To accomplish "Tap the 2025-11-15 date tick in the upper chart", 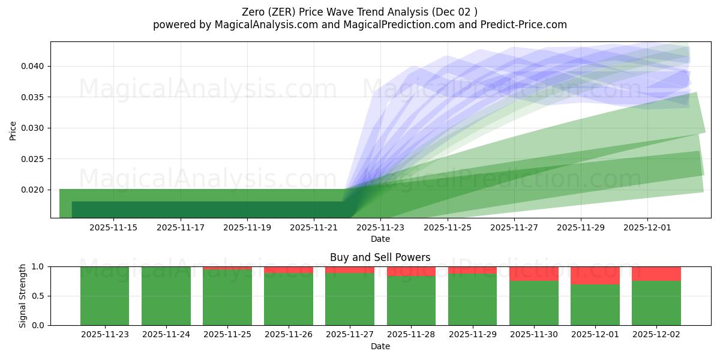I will [x=113, y=227].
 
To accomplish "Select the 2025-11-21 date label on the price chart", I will [x=314, y=227].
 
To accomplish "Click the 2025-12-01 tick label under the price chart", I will [x=647, y=227].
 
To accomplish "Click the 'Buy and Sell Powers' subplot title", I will [x=380, y=257].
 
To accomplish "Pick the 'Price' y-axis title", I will [x=13, y=130].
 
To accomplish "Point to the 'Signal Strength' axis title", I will [x=23, y=296].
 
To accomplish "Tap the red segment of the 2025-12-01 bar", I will [x=595, y=275].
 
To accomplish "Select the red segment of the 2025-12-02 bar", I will [x=656, y=274].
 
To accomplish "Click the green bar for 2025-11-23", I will [x=104, y=296].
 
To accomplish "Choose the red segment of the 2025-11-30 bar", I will [x=533, y=274].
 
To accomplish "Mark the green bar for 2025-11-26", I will [x=288, y=299].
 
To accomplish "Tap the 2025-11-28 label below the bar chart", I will [x=411, y=334].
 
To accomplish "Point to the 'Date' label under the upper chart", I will [x=380, y=239].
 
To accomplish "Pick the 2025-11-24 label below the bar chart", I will [x=166, y=334].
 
